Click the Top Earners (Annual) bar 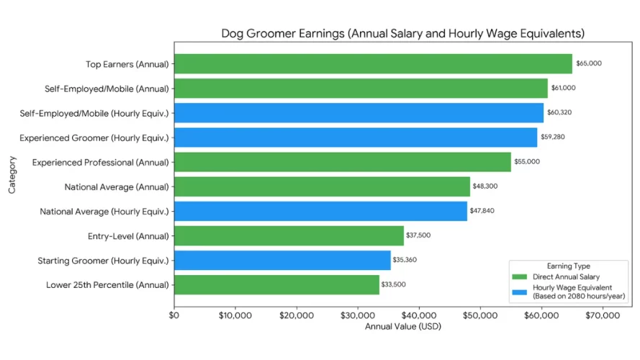(373, 63)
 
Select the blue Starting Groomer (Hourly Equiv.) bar (282, 260)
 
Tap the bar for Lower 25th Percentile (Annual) (276, 284)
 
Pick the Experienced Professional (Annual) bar (343, 162)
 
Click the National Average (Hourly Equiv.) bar (320, 211)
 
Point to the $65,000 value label (589, 63)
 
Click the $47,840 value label (482, 211)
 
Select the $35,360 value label (405, 260)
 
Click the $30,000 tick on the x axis (357, 315)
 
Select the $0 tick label (173, 315)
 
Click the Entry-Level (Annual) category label (128, 235)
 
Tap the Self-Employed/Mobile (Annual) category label (106, 89)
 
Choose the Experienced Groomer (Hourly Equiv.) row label (94, 138)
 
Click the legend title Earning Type (567, 266)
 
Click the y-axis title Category (12, 174)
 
